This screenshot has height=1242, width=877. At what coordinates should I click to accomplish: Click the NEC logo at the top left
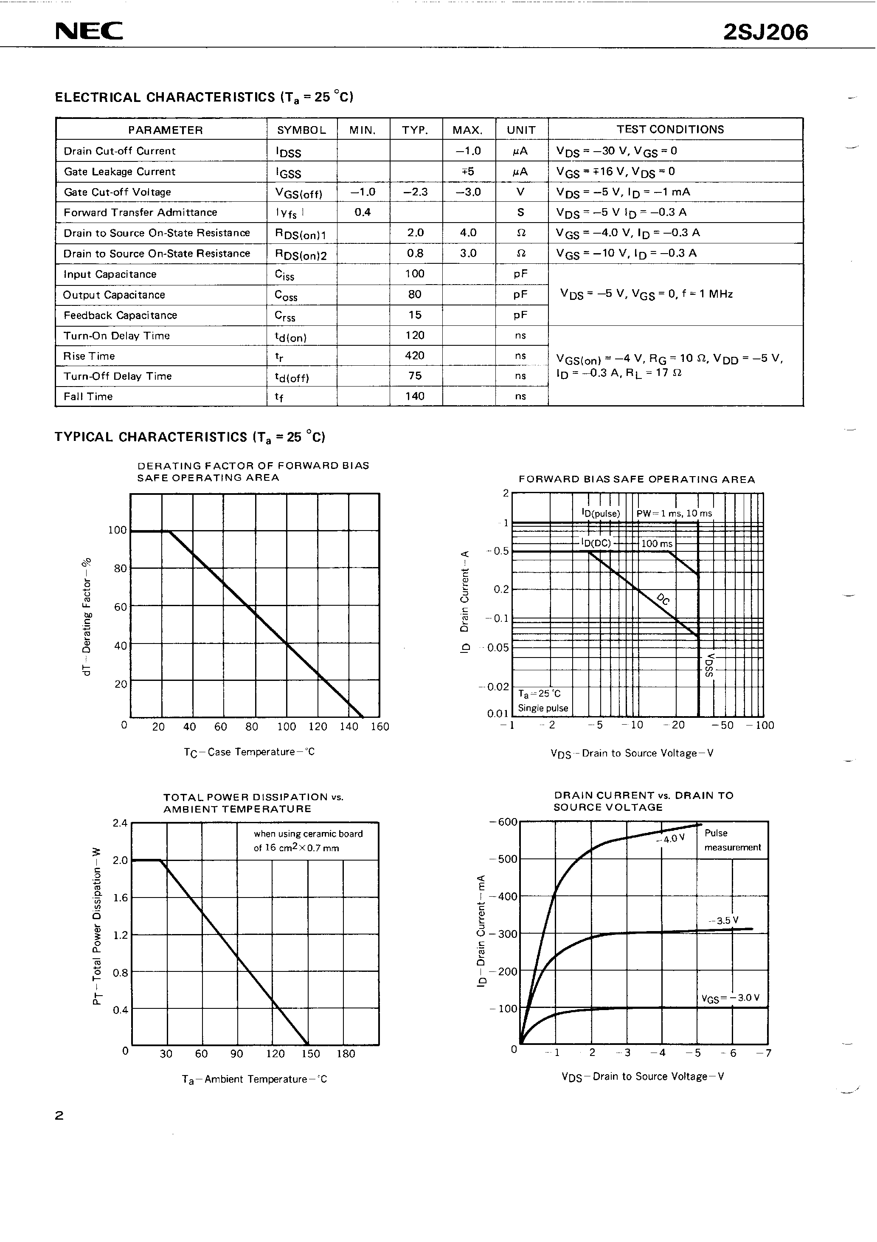point(89,31)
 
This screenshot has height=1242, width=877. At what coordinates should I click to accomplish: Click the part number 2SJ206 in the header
point(765,32)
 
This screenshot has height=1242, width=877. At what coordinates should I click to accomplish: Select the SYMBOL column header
point(301,130)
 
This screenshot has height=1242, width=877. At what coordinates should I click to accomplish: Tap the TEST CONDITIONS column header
point(670,129)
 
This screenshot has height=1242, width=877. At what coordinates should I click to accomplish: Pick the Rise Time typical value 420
point(415,356)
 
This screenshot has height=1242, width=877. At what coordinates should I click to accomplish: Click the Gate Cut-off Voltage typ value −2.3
point(415,192)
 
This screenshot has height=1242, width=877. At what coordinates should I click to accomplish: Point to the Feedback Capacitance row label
point(120,315)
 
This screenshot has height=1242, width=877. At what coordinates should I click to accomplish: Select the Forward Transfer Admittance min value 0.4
point(362,212)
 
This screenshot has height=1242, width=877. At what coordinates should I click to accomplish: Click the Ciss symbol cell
point(284,275)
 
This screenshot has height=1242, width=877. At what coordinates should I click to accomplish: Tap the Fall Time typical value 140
point(415,396)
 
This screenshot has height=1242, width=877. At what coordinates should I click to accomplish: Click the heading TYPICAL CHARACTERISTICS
point(190,437)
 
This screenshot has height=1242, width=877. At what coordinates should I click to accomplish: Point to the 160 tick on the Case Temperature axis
point(379,726)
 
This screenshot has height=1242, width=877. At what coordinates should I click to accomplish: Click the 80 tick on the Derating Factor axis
point(120,568)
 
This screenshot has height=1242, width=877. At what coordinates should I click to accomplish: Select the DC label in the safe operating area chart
point(663,599)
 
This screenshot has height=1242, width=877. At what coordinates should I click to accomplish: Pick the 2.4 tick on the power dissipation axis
point(119,823)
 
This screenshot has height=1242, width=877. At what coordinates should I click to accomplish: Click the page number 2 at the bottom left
point(59,1115)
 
